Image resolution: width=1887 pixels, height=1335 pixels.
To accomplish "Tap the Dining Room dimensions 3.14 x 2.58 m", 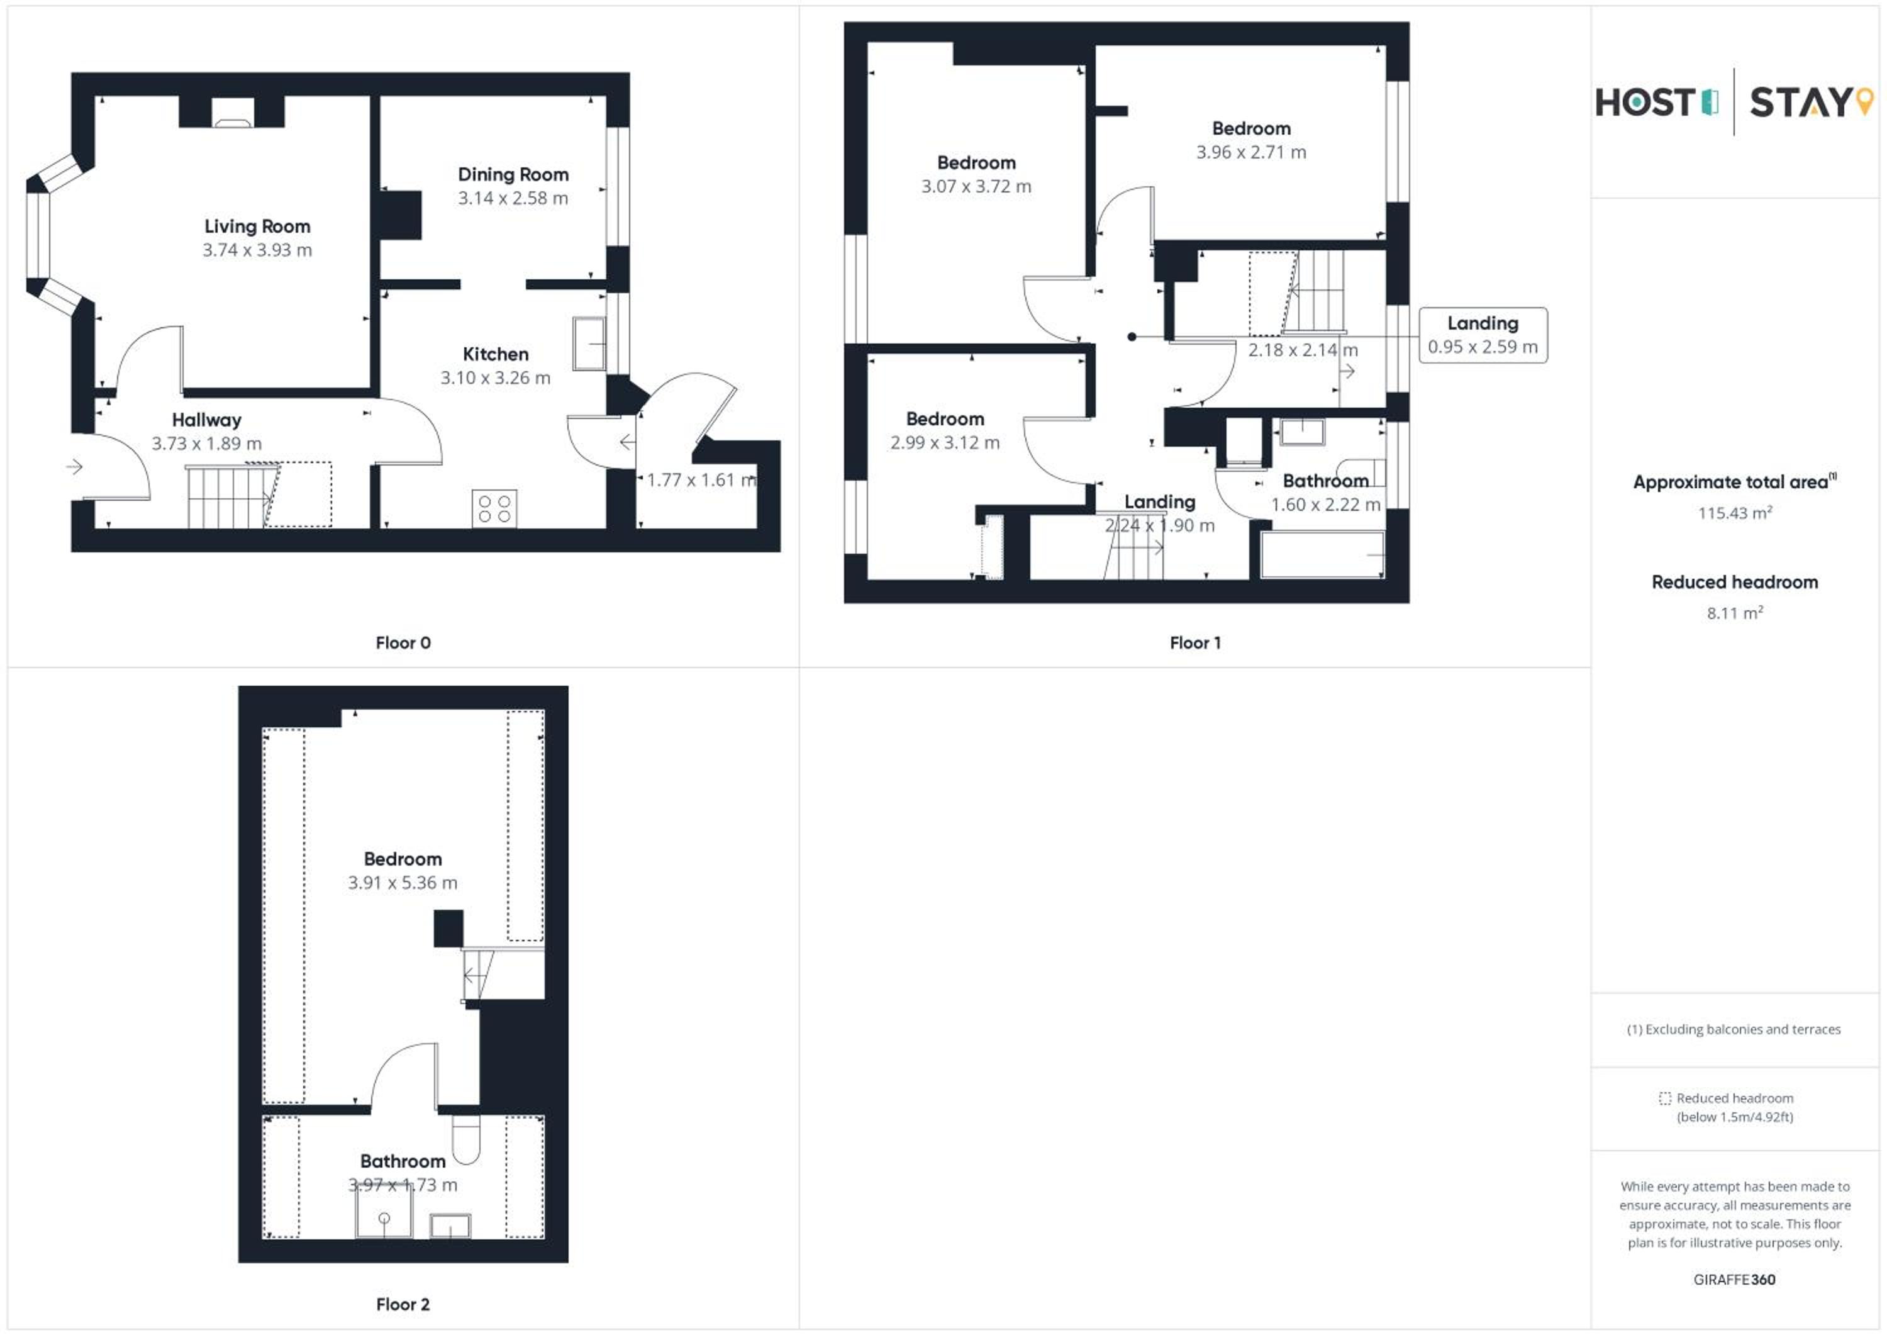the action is click(513, 198).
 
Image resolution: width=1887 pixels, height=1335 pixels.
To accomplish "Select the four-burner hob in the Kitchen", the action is click(494, 508).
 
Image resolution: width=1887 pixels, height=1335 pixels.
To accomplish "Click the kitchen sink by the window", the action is click(589, 343).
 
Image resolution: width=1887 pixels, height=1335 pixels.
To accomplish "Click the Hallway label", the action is click(206, 420).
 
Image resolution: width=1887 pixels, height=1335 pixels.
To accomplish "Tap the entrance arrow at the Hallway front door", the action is click(74, 467).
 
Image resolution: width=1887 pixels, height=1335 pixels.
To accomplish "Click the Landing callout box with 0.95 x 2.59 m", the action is click(1483, 335).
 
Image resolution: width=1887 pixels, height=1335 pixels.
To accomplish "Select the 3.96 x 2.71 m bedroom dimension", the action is click(1251, 152).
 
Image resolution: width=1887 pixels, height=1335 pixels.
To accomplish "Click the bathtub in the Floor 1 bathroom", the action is click(1322, 555).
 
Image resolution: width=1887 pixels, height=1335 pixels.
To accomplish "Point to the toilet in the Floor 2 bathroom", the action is click(466, 1139).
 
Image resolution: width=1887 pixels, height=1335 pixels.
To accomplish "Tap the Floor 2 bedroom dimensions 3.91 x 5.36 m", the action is click(403, 883).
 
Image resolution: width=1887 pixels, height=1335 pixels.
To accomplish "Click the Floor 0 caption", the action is click(403, 643).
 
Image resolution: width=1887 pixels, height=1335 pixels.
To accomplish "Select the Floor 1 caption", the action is click(1195, 643).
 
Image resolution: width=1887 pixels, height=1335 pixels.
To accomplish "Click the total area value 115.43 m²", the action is click(1735, 513).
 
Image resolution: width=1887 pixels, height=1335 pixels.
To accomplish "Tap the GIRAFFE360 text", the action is click(1734, 1280).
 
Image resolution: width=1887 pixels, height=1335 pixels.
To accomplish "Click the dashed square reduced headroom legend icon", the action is click(1665, 1098).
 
